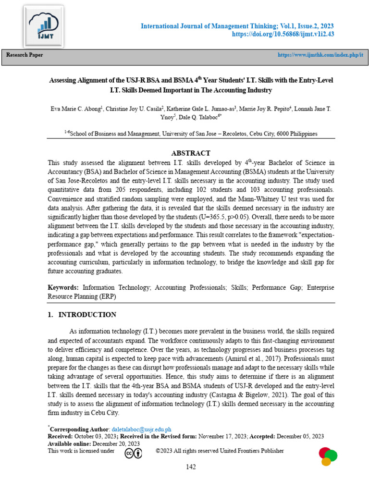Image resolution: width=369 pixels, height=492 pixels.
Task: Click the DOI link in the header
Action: click(x=283, y=35)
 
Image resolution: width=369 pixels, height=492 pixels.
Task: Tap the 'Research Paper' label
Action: click(x=25, y=55)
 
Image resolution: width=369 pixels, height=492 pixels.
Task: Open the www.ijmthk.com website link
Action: click(x=320, y=55)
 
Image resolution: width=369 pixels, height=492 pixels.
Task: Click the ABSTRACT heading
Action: click(x=191, y=153)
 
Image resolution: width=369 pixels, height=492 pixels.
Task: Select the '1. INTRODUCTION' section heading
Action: click(x=82, y=315)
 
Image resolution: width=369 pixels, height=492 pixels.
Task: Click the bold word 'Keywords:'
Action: click(x=63, y=287)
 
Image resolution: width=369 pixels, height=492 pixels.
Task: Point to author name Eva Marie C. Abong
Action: click(x=76, y=109)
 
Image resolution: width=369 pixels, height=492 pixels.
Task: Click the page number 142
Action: click(x=191, y=467)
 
